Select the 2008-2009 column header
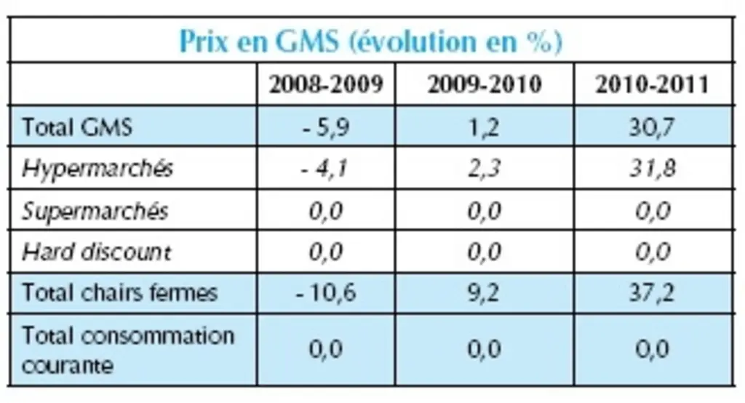[326, 84]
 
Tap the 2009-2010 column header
[485, 84]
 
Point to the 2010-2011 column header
[653, 84]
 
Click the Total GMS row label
[77, 127]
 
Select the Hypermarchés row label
[97, 169]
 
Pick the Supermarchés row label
[95, 210]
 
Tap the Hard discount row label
[97, 252]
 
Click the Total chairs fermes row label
[120, 292]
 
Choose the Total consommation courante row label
[128, 350]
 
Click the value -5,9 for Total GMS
[326, 127]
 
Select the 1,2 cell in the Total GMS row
[484, 127]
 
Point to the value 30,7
[653, 127]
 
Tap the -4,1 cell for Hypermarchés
[325, 169]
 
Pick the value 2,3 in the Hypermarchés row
[484, 169]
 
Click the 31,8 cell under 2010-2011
[653, 169]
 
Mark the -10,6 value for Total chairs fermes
[326, 292]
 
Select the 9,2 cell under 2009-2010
[484, 292]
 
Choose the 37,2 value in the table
[653, 292]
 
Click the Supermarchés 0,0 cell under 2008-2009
[326, 210]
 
